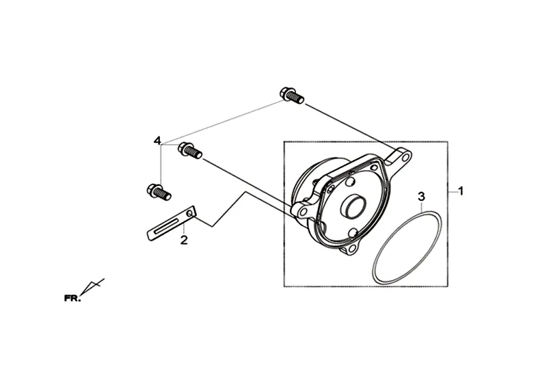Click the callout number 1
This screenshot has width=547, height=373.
point(461,191)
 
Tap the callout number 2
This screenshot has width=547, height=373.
point(183,240)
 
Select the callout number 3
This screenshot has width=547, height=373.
point(422,197)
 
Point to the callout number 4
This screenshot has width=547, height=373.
point(157,141)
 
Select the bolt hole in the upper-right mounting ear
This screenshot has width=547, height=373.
point(405,158)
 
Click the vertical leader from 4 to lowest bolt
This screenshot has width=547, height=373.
point(161,164)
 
